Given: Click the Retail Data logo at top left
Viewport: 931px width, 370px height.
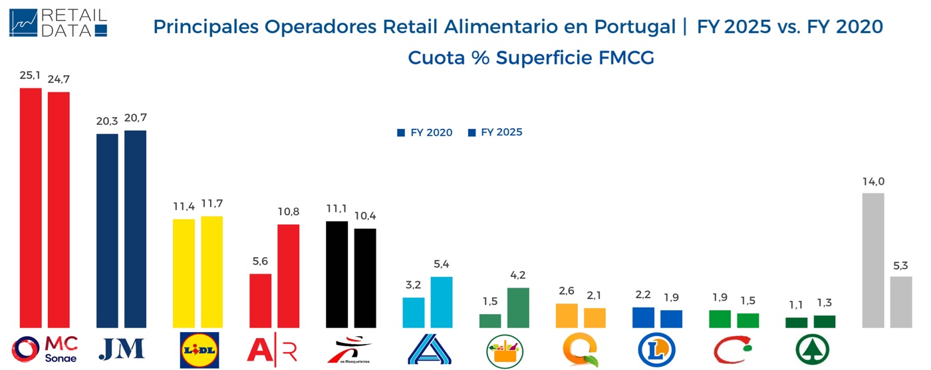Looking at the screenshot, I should point(58,23).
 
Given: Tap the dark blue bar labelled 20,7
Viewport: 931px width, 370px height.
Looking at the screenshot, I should point(136,229).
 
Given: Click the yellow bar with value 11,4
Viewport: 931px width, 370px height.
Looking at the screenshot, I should point(184,273).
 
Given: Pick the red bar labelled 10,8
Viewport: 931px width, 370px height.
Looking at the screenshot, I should point(289,276).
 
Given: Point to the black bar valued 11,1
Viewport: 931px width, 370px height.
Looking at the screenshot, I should point(337,274).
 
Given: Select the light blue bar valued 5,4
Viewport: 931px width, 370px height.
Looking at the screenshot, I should point(442,302).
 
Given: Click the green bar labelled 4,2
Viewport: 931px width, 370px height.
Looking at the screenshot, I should point(518,308).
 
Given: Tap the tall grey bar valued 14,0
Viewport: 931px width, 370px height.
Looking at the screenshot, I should point(872,260).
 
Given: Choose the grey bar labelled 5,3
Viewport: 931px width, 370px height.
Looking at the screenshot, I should point(901,302).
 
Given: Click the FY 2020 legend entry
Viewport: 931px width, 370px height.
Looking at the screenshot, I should point(425,133).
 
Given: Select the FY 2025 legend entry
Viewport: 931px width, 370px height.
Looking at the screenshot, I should point(495,133).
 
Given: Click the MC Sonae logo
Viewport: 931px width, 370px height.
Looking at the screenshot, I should point(45,349).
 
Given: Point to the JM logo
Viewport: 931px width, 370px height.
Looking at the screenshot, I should point(121,349).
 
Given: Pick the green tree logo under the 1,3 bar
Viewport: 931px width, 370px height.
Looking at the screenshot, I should point(813,349).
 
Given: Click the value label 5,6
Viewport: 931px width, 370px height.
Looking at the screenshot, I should point(260,262).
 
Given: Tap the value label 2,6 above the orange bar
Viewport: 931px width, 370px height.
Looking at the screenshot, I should point(567,291).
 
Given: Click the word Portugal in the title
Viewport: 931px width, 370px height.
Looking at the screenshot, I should point(634,27).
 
